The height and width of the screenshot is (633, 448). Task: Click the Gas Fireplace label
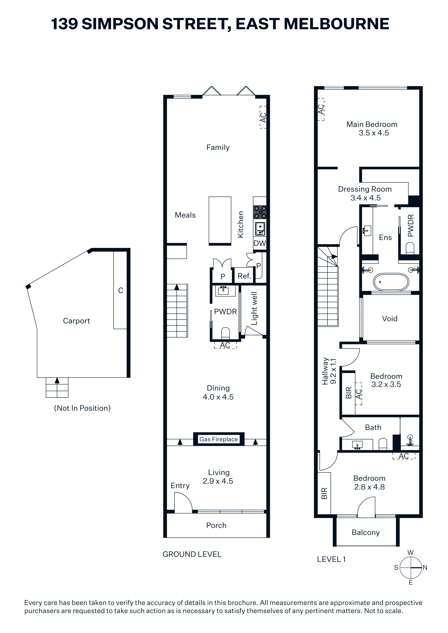219,439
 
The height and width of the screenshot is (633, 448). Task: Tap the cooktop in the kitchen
260,212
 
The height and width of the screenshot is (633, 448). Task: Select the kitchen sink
260,229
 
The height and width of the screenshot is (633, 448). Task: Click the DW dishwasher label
260,243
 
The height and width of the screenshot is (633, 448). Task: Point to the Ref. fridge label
244,276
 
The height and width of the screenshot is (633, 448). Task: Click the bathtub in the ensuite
391,282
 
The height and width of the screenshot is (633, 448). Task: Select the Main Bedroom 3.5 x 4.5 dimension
374,133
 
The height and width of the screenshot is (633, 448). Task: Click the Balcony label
366,532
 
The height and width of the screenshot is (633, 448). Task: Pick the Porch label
216,525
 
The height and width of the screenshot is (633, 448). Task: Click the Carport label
76,321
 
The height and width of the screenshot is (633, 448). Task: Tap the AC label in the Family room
263,117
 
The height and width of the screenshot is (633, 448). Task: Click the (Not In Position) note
82,408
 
